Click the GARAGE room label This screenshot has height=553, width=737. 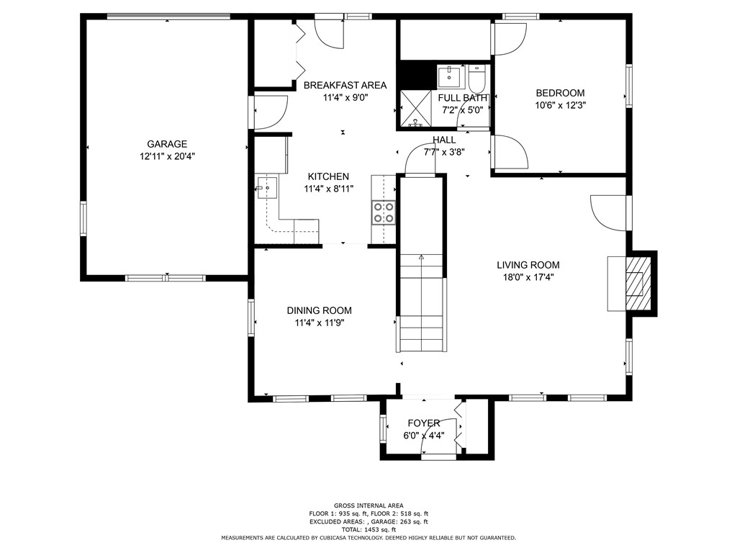click(167, 144)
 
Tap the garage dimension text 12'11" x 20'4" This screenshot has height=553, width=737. click(167, 156)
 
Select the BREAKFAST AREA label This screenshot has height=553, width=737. click(345, 85)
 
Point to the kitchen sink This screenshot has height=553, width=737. click(267, 188)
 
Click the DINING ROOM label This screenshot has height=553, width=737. click(320, 310)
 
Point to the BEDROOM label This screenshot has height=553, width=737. click(560, 93)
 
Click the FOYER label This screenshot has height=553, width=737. click(423, 423)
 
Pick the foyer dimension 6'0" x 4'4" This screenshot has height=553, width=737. click(423, 435)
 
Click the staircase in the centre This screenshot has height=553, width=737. click(421, 302)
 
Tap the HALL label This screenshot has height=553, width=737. click(444, 140)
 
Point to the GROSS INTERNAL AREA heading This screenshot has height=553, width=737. click(368, 505)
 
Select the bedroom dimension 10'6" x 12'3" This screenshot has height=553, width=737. click(560, 104)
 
